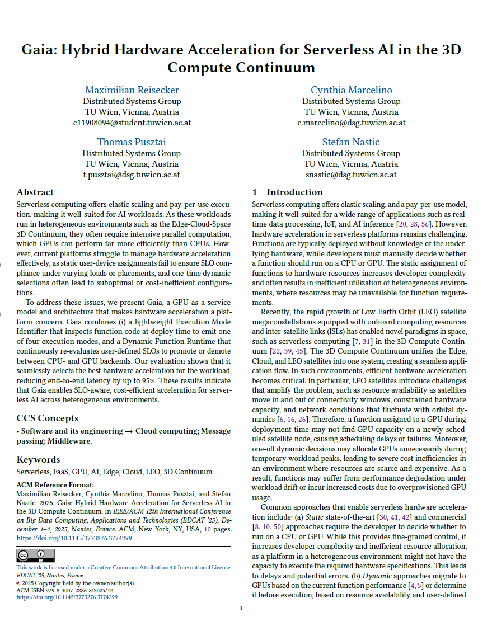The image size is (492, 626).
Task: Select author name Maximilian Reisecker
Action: click(x=132, y=90)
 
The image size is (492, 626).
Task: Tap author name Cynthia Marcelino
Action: click(x=351, y=90)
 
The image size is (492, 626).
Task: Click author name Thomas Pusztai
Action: click(x=132, y=142)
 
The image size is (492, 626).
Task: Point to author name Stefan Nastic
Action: click(x=351, y=142)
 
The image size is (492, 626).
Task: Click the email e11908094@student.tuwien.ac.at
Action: click(x=132, y=123)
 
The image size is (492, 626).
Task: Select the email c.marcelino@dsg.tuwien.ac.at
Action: click(x=351, y=123)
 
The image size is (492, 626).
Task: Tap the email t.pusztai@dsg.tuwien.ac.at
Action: click(x=132, y=175)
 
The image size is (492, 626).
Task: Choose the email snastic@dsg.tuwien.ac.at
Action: click(x=351, y=175)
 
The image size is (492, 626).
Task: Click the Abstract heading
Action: click(x=35, y=192)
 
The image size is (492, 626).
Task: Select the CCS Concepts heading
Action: click(x=47, y=418)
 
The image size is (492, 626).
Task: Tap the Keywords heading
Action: click(x=38, y=459)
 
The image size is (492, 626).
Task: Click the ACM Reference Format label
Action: click(x=55, y=484)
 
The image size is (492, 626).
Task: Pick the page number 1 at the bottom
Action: click(x=241, y=608)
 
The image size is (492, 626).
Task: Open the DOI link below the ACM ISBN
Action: click(x=67, y=597)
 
